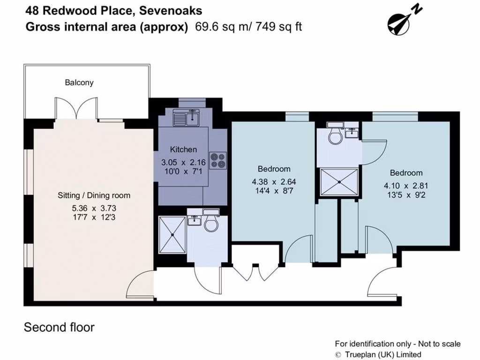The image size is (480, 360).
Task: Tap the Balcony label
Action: (x=79, y=82)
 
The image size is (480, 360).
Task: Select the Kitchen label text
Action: (x=183, y=150)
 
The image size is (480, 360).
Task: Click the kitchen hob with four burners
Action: (x=217, y=160)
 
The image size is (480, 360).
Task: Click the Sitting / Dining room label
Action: (x=94, y=195)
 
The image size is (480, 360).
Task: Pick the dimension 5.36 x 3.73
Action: (x=94, y=208)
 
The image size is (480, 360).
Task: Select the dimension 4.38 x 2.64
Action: (x=274, y=181)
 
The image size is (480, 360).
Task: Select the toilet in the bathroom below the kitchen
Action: (x=211, y=224)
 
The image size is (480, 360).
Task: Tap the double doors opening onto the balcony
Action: (x=76, y=109)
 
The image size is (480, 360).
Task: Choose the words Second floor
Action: (x=59, y=327)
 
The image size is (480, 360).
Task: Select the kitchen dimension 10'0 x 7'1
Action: (x=183, y=172)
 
